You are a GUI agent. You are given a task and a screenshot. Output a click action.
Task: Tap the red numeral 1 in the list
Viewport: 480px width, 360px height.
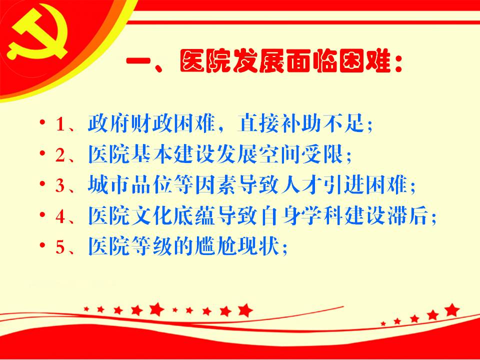(60, 124)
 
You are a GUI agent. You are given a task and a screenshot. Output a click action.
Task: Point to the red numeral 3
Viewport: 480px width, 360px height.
(60, 185)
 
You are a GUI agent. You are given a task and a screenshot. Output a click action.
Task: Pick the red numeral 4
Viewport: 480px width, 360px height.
(60, 216)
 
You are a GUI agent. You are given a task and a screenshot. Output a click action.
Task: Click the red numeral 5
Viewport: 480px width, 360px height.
(60, 246)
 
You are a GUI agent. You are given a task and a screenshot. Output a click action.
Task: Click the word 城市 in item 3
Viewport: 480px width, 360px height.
(109, 184)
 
